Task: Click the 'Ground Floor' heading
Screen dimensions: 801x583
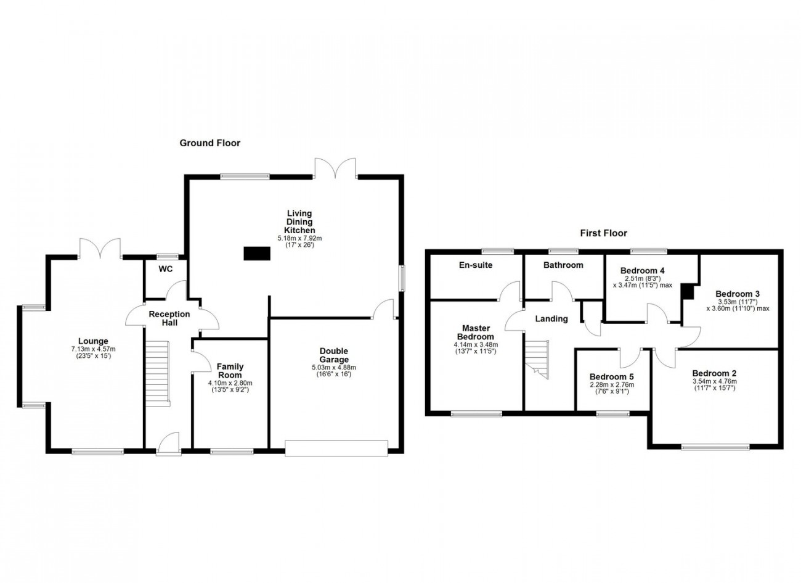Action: (x=210, y=143)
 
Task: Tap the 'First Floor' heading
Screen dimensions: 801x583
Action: (x=604, y=233)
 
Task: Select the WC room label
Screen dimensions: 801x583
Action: (x=166, y=270)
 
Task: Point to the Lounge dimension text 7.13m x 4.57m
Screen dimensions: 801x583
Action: (x=93, y=349)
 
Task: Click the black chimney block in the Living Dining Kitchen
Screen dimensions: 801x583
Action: (x=257, y=254)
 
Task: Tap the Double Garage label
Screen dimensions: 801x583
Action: (x=334, y=355)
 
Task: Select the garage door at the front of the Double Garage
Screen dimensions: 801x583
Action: (x=336, y=448)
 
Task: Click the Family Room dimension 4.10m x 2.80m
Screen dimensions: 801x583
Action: (x=230, y=383)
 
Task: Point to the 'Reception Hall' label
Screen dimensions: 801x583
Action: (x=169, y=318)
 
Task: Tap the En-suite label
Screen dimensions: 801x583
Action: (x=476, y=265)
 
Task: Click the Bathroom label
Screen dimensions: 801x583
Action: (x=563, y=265)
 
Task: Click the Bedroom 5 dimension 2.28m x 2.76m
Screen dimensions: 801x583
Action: (x=611, y=385)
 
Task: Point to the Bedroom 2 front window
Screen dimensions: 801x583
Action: (x=715, y=447)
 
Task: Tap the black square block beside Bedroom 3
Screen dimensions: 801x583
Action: (x=687, y=291)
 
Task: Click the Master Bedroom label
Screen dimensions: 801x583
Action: (x=476, y=333)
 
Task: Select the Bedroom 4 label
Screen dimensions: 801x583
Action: (x=643, y=270)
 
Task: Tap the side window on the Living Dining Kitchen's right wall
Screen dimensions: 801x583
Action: (x=402, y=278)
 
